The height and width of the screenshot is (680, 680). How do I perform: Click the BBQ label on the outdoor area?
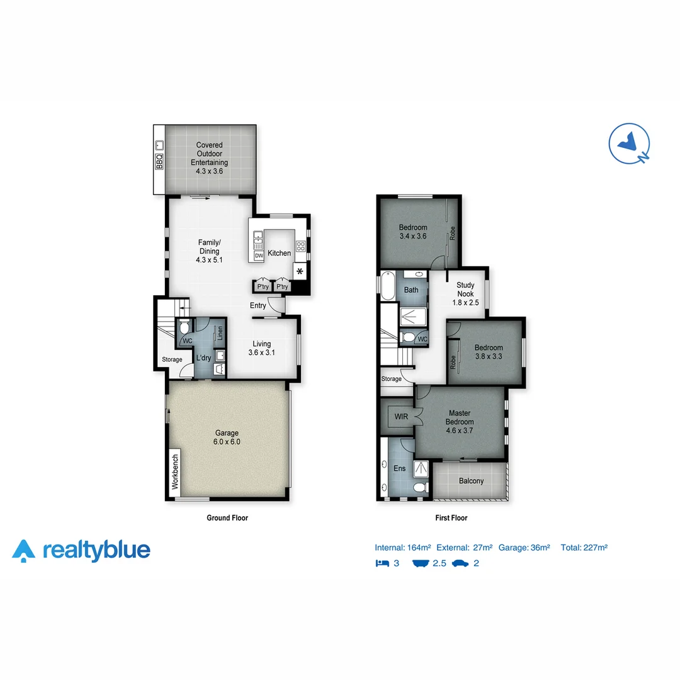click(159, 162)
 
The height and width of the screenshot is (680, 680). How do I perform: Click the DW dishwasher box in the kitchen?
click(259, 256)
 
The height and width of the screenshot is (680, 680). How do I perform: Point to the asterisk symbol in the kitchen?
click(300, 271)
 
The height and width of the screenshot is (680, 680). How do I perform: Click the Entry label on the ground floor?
click(258, 306)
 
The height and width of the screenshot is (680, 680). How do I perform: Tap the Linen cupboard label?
click(220, 332)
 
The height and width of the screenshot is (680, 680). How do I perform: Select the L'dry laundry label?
click(203, 358)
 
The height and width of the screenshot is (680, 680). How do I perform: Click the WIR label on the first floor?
click(401, 416)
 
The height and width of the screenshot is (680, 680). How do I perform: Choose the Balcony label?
click(471, 481)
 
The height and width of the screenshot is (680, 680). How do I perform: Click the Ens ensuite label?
click(399, 468)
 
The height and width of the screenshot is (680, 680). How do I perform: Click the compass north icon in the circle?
click(630, 144)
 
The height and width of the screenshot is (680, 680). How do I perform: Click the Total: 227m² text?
click(584, 548)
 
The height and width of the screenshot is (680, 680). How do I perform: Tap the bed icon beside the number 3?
click(382, 563)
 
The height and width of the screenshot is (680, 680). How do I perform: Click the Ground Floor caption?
click(227, 518)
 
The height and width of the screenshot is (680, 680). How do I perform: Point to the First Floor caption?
click(451, 518)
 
